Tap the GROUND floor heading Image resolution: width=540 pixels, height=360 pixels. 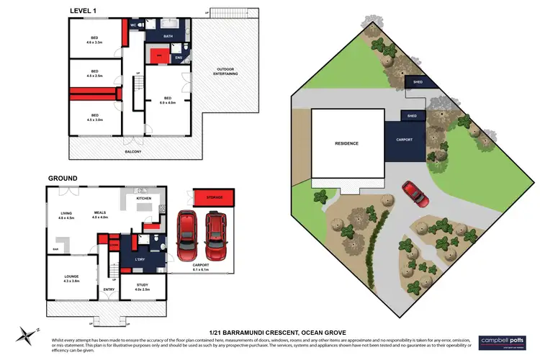pyautogui.click(x=62, y=178)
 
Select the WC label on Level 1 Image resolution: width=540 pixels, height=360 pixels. pyautogui.click(x=133, y=24)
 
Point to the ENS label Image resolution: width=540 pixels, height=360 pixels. pyautogui.click(x=179, y=58)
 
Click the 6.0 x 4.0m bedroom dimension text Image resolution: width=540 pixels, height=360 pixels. pyautogui.click(x=167, y=102)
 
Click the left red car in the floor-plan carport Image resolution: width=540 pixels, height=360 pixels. pyautogui.click(x=189, y=235)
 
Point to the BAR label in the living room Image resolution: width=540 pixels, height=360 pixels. pyautogui.click(x=55, y=249)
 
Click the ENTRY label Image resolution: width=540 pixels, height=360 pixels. pyautogui.click(x=109, y=289)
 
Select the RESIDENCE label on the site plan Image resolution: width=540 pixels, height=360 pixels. pyautogui.click(x=346, y=143)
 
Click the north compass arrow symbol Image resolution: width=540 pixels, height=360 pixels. pyautogui.click(x=27, y=333)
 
